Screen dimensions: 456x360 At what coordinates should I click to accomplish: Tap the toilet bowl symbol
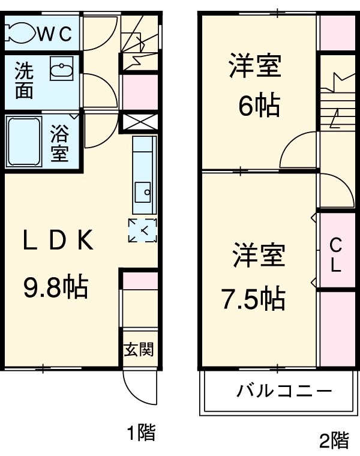pos(19,33)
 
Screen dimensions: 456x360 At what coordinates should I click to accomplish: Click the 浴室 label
pos(59,142)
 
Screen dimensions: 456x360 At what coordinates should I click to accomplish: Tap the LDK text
pos(58,241)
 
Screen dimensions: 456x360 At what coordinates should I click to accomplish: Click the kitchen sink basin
pos(144,194)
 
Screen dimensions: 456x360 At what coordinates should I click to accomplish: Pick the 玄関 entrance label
pos(139,349)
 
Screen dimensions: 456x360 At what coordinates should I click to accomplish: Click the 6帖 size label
pos(259,107)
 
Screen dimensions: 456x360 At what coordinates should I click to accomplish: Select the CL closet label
pos(336,254)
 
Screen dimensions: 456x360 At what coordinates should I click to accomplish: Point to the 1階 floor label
pos(141,432)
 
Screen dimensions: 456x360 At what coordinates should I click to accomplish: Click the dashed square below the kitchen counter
pos(143,230)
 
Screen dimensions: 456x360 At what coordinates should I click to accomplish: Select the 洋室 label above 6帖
pos(255,66)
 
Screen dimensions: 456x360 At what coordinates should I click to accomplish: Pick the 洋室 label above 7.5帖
pos(259,256)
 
